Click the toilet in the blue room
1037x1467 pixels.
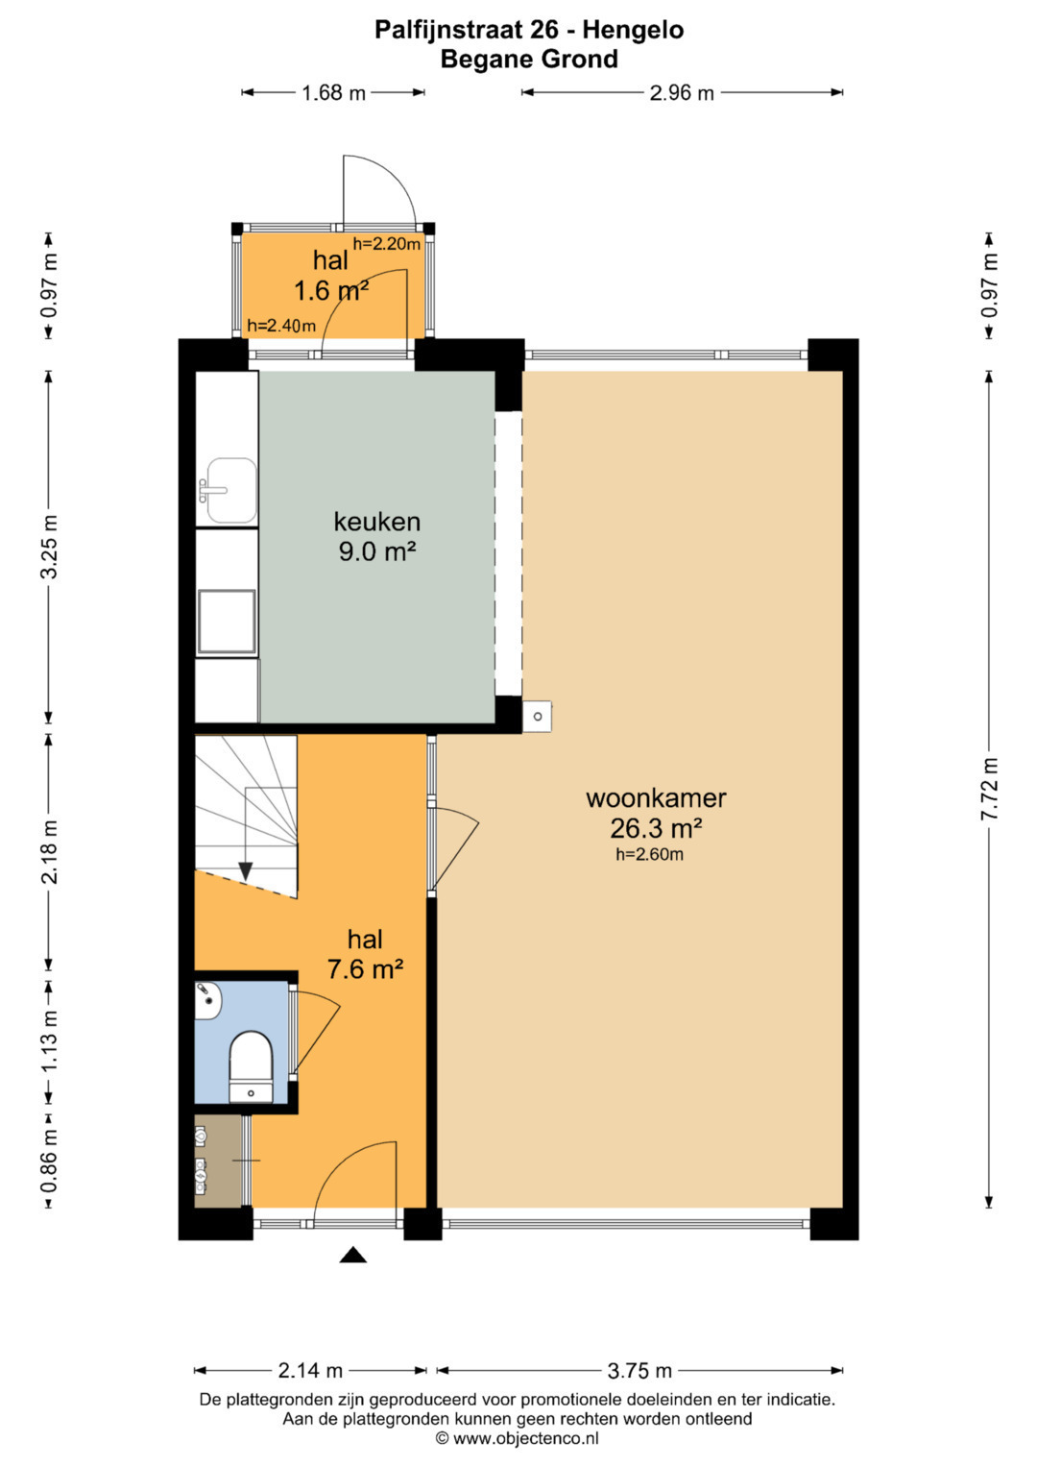coord(251,1066)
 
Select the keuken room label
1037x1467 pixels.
coord(377,522)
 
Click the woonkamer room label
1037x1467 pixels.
coord(656,798)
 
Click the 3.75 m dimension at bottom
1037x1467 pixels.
coord(639,1370)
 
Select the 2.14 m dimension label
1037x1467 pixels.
coord(310,1370)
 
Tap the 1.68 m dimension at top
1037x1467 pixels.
coord(333,93)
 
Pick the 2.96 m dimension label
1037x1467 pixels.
coord(682,93)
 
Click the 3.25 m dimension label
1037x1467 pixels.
coord(49,548)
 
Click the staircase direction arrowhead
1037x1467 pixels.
coord(246,871)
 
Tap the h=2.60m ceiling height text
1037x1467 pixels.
coord(649,854)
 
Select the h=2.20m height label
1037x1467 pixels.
coord(386,244)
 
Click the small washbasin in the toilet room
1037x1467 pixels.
coord(209,1001)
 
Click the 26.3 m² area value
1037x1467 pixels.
coord(656,828)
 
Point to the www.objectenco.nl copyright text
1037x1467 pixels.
coord(518,1439)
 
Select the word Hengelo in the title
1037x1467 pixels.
coord(633,30)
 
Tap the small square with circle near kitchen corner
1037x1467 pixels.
coord(538,717)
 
